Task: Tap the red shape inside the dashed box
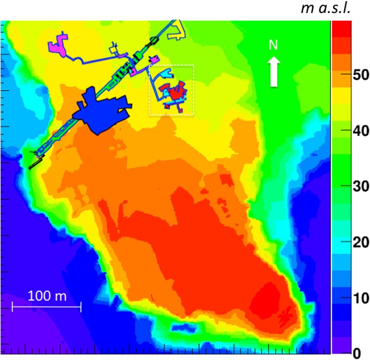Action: (x=177, y=91)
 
